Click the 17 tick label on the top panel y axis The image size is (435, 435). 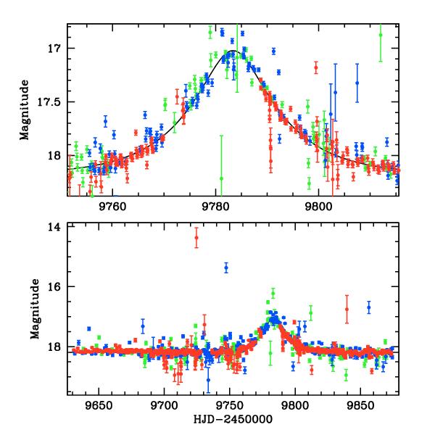click(54, 49)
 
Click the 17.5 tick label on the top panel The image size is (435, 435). click(49, 102)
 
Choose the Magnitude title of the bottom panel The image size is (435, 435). click(34, 310)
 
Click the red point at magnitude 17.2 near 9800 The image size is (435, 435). click(316, 68)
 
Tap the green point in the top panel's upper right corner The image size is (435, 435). click(381, 35)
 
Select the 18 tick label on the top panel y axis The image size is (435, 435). click(54, 155)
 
